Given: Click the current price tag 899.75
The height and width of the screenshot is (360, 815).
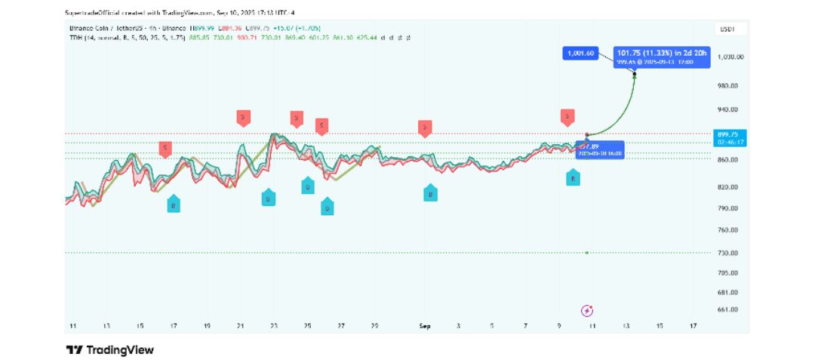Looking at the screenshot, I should tap(730, 134).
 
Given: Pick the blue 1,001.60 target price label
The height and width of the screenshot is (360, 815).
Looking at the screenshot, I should tap(580, 53).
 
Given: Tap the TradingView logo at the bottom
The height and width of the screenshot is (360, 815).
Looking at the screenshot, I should tap(110, 349).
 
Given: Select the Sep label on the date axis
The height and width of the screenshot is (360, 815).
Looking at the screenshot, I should tap(424, 325).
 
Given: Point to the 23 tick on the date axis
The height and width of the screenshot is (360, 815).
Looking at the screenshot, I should tap(274, 325).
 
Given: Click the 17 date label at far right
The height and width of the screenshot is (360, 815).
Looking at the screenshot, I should tap(692, 325).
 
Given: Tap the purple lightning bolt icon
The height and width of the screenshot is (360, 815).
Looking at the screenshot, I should tap(587, 310).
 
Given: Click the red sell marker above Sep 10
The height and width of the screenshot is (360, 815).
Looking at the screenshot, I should tap(567, 116).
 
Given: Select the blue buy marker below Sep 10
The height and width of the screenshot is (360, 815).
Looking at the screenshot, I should tap(573, 178).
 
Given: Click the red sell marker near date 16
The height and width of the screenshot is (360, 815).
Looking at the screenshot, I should tap(165, 148).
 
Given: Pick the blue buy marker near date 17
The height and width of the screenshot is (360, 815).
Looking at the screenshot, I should tap(174, 205).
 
